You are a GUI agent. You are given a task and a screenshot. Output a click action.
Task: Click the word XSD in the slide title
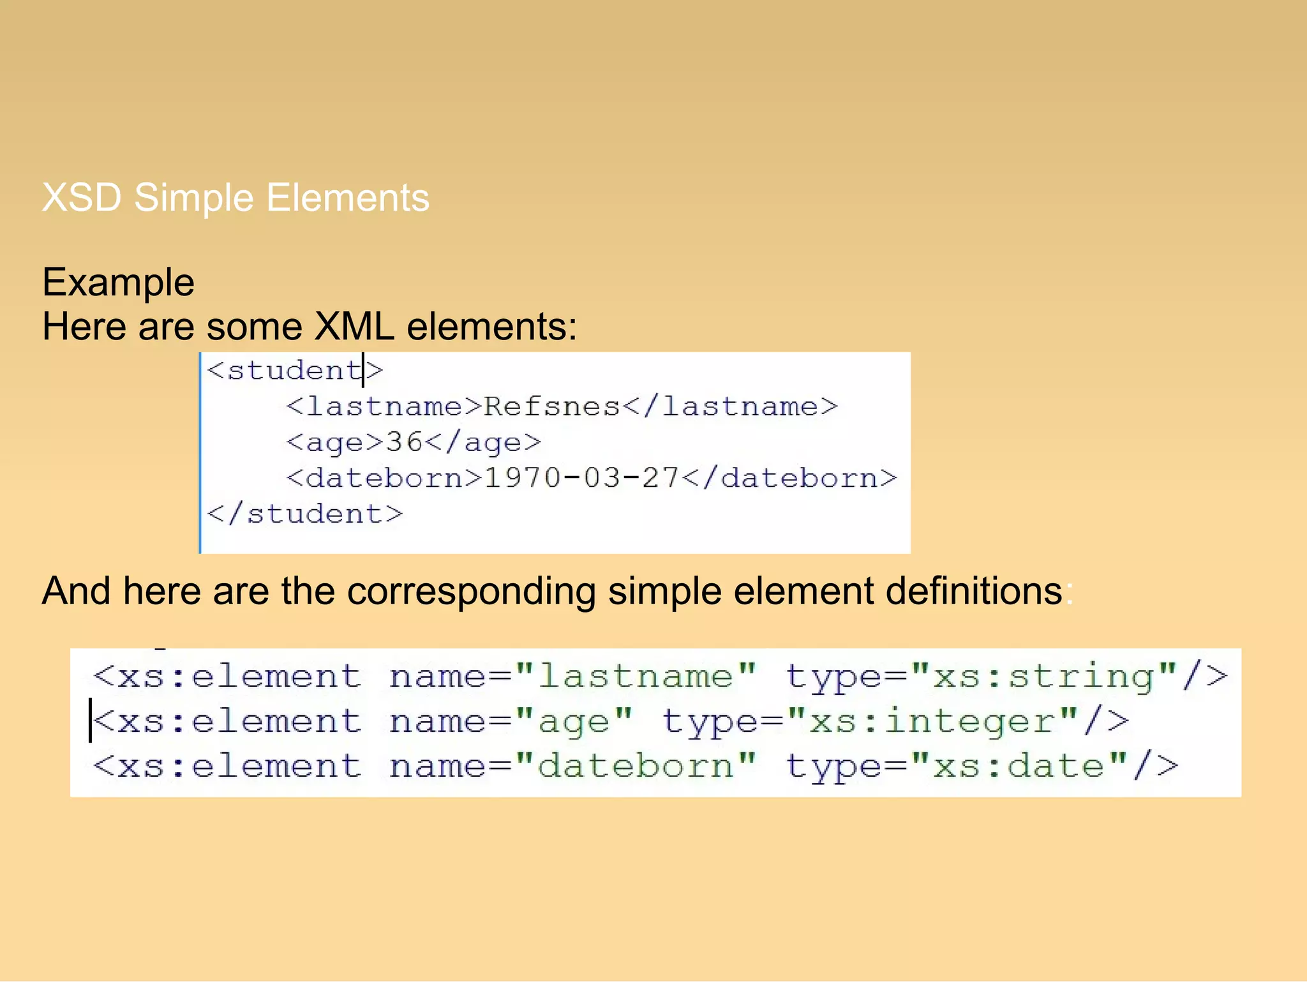point(81,197)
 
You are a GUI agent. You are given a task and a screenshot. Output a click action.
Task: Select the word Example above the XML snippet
point(118,282)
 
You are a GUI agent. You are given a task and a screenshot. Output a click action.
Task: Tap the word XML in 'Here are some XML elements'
point(354,327)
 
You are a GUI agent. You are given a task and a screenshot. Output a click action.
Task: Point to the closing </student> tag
point(305,514)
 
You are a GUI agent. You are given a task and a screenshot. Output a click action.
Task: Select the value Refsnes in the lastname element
point(552,406)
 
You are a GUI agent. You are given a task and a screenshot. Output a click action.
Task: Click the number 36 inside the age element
point(405,442)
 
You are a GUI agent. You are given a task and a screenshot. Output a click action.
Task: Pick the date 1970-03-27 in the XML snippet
point(581,478)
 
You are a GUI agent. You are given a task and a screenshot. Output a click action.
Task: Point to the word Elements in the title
point(348,197)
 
